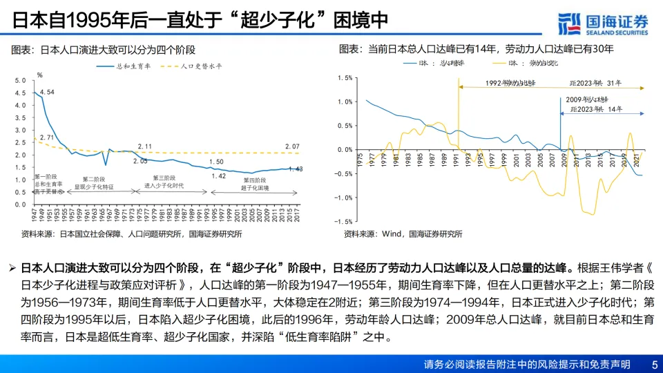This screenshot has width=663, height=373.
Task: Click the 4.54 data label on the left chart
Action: pyautogui.click(x=47, y=92)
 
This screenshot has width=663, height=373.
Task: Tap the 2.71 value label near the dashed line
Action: pyautogui.click(x=47, y=137)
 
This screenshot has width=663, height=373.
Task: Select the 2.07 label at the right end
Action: pyautogui.click(x=291, y=146)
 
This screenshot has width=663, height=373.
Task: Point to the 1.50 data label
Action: pyautogui.click(x=216, y=162)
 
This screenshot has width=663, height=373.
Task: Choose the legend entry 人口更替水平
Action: pyautogui.click(x=201, y=67)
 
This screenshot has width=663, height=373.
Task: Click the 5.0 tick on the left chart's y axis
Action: pyautogui.click(x=19, y=81)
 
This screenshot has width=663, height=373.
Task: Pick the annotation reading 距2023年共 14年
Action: pyautogui.click(x=596, y=109)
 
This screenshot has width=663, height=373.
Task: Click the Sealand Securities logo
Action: pyautogui.click(x=603, y=23)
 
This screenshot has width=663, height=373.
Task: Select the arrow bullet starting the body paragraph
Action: pyautogui.click(x=12, y=267)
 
